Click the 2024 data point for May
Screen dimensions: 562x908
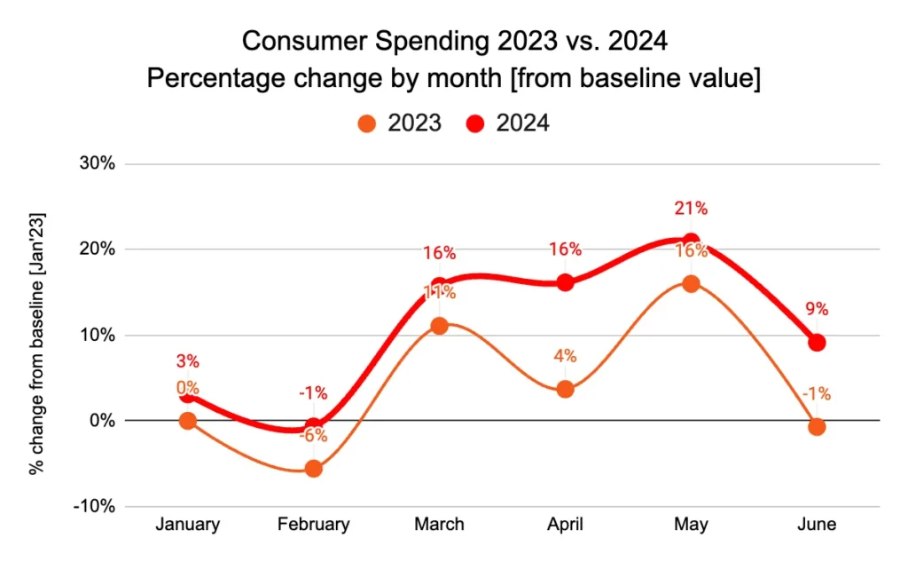click(691, 241)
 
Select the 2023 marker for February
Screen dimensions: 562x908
click(313, 469)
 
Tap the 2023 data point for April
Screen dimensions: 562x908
click(565, 389)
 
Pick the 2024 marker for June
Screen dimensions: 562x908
click(817, 343)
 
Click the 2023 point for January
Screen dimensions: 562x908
click(187, 421)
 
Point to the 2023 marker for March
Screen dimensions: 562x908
click(439, 326)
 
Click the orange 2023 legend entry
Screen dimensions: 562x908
click(399, 123)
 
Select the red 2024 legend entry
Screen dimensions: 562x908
click(509, 123)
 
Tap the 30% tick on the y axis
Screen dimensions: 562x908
click(97, 164)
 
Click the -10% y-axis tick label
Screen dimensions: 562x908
click(94, 506)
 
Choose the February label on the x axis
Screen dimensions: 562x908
click(313, 525)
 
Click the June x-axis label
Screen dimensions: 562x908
click(817, 525)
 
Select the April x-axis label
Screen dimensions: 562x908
click(565, 525)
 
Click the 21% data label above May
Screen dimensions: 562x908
click(691, 209)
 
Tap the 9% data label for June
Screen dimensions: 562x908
click(817, 310)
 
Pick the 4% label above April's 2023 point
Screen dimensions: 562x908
click(565, 356)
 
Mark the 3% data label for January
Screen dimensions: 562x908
click(187, 361)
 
